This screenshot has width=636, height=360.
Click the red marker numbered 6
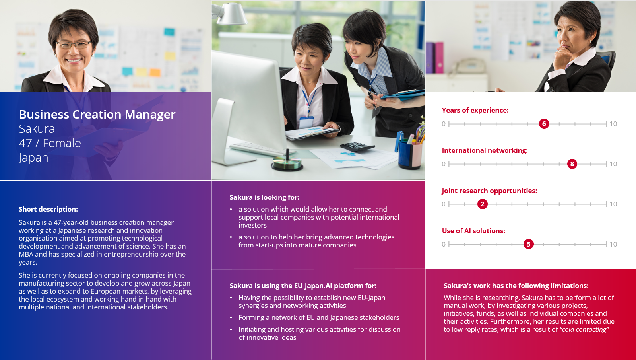pos(544,124)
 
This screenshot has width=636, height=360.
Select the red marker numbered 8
pos(572,164)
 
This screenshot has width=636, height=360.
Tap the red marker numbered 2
pos(483,204)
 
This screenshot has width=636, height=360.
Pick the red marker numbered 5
pos(528,244)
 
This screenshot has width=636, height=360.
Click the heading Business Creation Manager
pos(97,115)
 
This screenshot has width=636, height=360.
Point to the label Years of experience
pos(475,110)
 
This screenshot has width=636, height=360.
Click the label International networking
pos(485,150)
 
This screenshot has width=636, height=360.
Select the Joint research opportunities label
pos(489,191)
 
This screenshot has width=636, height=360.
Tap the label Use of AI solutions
pos(473,231)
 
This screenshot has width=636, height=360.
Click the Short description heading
pos(48,209)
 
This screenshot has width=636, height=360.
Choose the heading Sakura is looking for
pos(264,197)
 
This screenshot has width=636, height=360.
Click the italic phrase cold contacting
pos(584,330)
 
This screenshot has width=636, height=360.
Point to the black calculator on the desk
pos(357,146)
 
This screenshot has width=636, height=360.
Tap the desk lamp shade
pos(231,14)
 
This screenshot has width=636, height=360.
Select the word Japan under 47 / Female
pos(33,158)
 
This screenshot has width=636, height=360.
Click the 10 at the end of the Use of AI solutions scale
pos(613,244)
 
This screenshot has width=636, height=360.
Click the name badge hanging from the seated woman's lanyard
pos(306,122)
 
